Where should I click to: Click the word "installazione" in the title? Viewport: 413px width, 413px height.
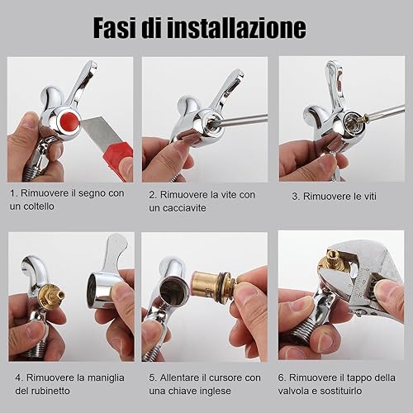pyautogui.click(x=237, y=28)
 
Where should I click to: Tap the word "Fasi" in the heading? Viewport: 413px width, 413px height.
pyautogui.click(x=115, y=28)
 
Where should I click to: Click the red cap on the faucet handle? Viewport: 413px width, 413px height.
pyautogui.click(x=69, y=121)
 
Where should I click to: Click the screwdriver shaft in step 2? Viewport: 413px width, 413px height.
pyautogui.click(x=240, y=120)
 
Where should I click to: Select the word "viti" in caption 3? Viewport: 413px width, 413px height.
pyautogui.click(x=368, y=197)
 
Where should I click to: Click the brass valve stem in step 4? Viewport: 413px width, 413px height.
pyautogui.click(x=52, y=296)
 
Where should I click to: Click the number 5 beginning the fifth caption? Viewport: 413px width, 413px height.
pyautogui.click(x=152, y=377)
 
